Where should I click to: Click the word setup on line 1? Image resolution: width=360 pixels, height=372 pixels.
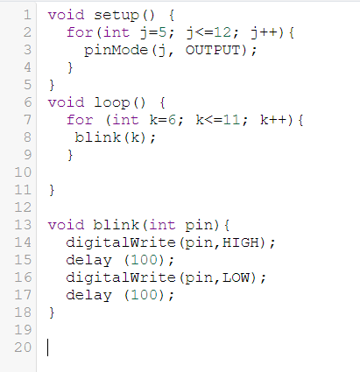[x=116, y=16]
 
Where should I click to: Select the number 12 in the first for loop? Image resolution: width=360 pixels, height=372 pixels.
[x=223, y=32]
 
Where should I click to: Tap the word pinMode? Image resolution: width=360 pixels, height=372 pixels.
[x=116, y=50]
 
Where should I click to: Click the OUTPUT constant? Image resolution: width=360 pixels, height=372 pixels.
[x=213, y=50]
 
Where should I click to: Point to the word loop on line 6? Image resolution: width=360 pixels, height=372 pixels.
[x=112, y=103]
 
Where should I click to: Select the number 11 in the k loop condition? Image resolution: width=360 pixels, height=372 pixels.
[x=233, y=120]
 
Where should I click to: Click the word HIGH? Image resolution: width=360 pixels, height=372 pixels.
[x=241, y=242]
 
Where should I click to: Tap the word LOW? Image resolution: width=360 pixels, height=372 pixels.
[x=236, y=277]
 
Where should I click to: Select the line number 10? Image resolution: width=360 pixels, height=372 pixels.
[x=23, y=172]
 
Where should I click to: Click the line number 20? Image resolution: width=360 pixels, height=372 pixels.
[x=23, y=347]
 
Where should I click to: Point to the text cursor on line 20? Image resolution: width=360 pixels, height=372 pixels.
[x=48, y=347]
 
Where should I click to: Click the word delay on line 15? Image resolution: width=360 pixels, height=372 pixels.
[x=88, y=260]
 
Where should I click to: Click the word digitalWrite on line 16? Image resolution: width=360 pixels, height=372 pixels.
[x=121, y=277]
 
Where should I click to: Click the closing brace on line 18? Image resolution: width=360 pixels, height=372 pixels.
[x=52, y=312]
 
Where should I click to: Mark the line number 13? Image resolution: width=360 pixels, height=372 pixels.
[x=23, y=225]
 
